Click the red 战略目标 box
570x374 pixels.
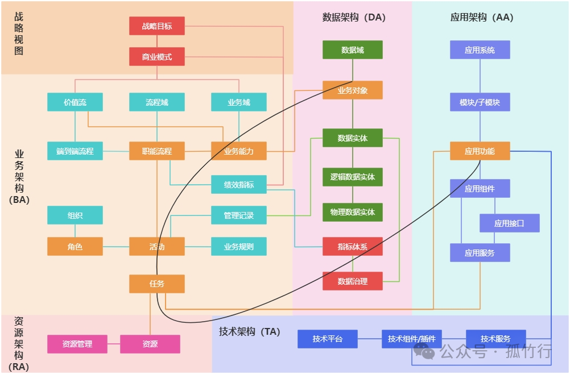tap(157, 26)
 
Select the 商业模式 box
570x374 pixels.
tap(157, 57)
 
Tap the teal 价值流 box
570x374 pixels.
tap(75, 102)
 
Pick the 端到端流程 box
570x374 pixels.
tap(75, 151)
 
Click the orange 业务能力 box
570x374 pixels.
tap(239, 151)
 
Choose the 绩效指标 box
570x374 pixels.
tap(239, 185)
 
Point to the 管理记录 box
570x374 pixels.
tap(239, 215)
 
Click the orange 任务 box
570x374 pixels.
tap(157, 284)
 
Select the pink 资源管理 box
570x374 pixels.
tap(77, 344)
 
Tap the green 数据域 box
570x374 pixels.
tap(353, 50)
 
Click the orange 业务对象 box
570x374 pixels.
tap(353, 90)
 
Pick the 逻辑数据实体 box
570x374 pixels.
tap(353, 177)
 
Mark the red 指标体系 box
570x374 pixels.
tap(353, 247)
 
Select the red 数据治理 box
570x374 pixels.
tap(353, 281)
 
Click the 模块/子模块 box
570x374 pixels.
tap(480, 102)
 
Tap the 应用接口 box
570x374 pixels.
tap(509, 223)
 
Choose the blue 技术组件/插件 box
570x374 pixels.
tap(411, 339)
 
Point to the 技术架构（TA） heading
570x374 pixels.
tap(250, 331)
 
